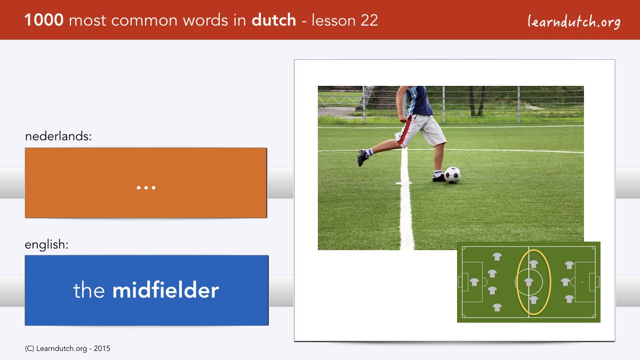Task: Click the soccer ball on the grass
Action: (x=452, y=175)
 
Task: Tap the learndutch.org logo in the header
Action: (x=574, y=21)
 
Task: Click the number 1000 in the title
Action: (x=44, y=20)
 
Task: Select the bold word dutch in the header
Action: (x=274, y=20)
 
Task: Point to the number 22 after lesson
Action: (x=369, y=20)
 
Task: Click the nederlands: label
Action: (x=58, y=136)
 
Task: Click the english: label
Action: (x=46, y=245)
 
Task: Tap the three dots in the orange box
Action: (x=146, y=188)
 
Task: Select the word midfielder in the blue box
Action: (x=166, y=290)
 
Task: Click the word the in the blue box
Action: (x=89, y=290)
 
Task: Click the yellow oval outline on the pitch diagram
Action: (x=517, y=282)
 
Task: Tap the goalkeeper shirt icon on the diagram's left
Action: (x=474, y=282)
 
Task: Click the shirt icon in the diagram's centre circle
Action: (x=529, y=282)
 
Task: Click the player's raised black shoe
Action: (x=362, y=158)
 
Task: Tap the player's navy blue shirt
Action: (x=419, y=101)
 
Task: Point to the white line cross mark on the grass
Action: (x=404, y=183)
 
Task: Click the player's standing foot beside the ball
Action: (x=438, y=178)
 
